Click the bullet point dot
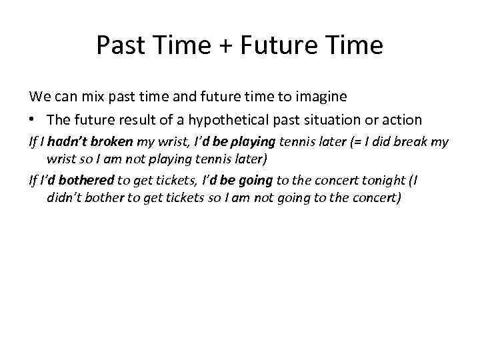32,120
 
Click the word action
401,120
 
